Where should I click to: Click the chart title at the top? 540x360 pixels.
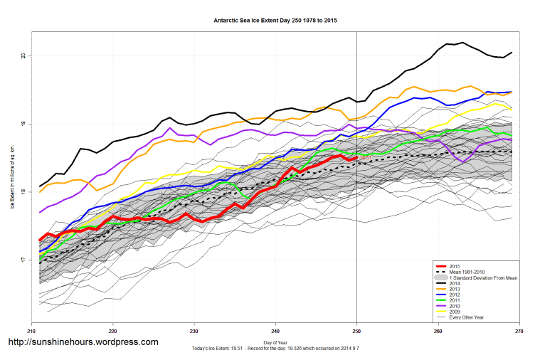[275, 21]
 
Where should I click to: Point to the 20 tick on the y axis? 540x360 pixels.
[23, 55]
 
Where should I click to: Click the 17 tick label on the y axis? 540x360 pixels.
[23, 260]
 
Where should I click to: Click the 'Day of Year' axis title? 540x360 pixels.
[275, 342]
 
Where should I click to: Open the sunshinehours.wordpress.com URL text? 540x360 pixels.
[83, 342]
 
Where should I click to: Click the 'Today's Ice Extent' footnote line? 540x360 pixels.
[275, 349]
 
